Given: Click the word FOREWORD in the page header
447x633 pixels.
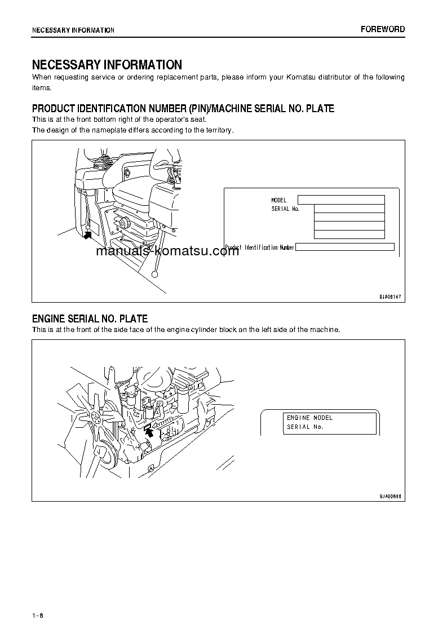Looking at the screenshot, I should pyautogui.click(x=383, y=29).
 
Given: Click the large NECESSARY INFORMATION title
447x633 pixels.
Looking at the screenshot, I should pyautogui.click(x=107, y=65).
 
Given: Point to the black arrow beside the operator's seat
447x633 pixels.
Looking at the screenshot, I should pyautogui.click(x=87, y=234).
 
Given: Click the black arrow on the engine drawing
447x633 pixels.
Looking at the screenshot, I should pyautogui.click(x=148, y=431).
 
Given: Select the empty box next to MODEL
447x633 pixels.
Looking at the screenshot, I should pyautogui.click(x=340, y=200).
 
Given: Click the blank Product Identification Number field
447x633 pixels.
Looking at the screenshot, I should pyautogui.click(x=344, y=247).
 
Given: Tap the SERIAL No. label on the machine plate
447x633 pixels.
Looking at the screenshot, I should pyautogui.click(x=285, y=209).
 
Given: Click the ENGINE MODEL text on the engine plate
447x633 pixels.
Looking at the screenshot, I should pyautogui.click(x=309, y=418).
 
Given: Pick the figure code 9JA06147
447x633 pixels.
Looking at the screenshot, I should pyautogui.click(x=390, y=296).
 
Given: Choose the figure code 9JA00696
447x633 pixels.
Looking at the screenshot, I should pyautogui.click(x=390, y=495).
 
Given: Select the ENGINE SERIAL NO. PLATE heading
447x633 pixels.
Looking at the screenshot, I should pyautogui.click(x=90, y=319).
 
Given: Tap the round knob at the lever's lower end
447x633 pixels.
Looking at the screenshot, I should pyautogui.click(x=154, y=274).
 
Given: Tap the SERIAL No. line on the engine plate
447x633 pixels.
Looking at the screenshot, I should pyautogui.click(x=304, y=427).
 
